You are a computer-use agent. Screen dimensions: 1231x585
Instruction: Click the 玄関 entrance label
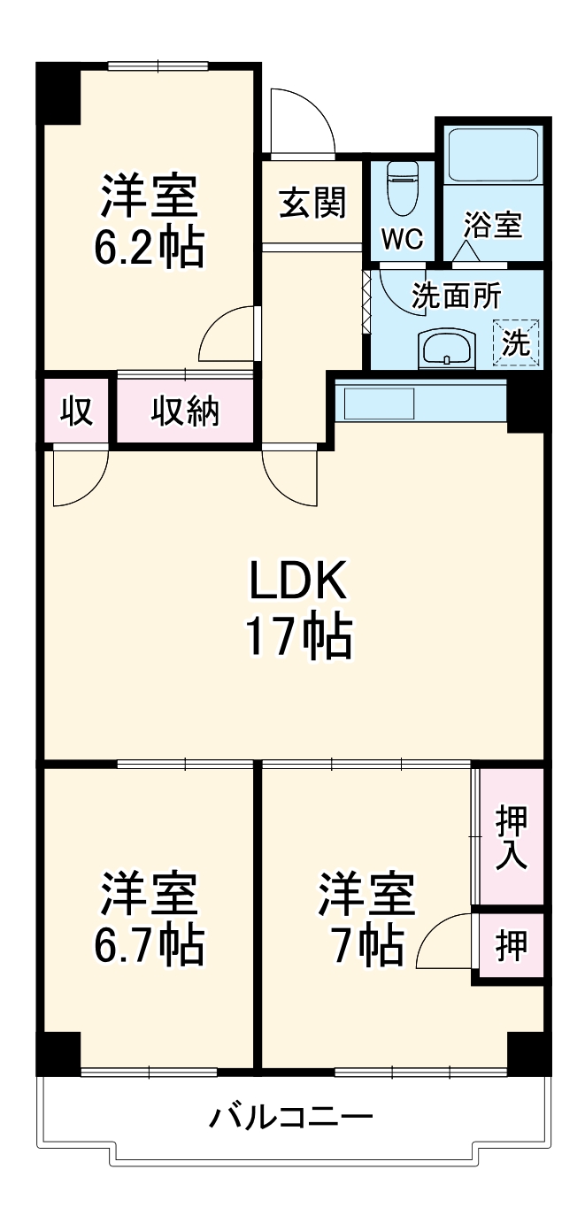(312, 204)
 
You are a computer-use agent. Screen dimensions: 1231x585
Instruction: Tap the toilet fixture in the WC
(403, 186)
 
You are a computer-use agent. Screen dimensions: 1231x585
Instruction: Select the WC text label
(403, 238)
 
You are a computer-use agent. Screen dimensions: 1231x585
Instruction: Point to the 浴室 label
(494, 225)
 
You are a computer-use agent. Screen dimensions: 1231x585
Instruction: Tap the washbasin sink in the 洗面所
(448, 349)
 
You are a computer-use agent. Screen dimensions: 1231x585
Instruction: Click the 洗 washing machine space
(515, 341)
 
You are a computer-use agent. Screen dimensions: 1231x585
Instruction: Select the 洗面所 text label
(457, 296)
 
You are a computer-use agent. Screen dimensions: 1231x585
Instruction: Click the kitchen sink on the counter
(379, 404)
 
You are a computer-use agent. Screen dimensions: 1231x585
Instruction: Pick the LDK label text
(296, 582)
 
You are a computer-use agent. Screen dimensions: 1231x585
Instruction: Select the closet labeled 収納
(185, 410)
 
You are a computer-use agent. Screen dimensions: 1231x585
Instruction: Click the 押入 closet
(512, 836)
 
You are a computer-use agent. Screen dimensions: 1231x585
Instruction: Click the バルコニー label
(290, 1118)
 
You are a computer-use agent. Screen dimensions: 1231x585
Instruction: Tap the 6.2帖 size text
(149, 249)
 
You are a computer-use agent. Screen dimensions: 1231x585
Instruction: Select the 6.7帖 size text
(149, 946)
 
